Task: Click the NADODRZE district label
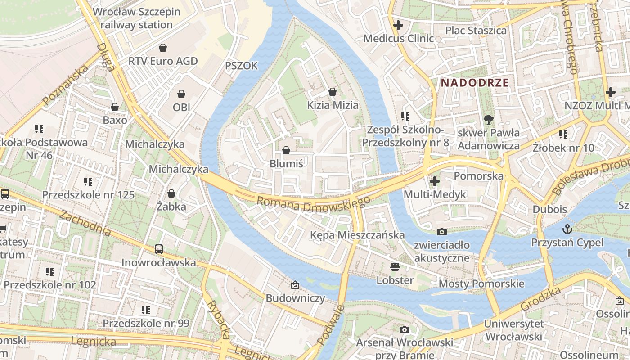[475, 83]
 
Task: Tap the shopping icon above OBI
[181, 94]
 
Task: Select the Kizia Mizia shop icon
[333, 92]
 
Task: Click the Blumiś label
[286, 163]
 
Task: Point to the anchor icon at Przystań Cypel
[567, 229]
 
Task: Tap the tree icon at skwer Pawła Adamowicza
[488, 119]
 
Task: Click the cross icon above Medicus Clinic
[398, 25]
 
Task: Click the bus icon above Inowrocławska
[159, 249]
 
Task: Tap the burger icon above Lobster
[395, 267]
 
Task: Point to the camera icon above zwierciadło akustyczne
[442, 232]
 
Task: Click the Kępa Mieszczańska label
[357, 235]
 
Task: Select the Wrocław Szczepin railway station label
[136, 18]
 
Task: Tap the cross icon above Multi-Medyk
[435, 181]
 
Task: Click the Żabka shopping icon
[171, 193]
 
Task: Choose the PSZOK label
[242, 66]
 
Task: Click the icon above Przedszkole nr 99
[146, 310]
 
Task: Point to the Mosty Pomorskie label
[481, 283]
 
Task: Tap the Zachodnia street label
[85, 224]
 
